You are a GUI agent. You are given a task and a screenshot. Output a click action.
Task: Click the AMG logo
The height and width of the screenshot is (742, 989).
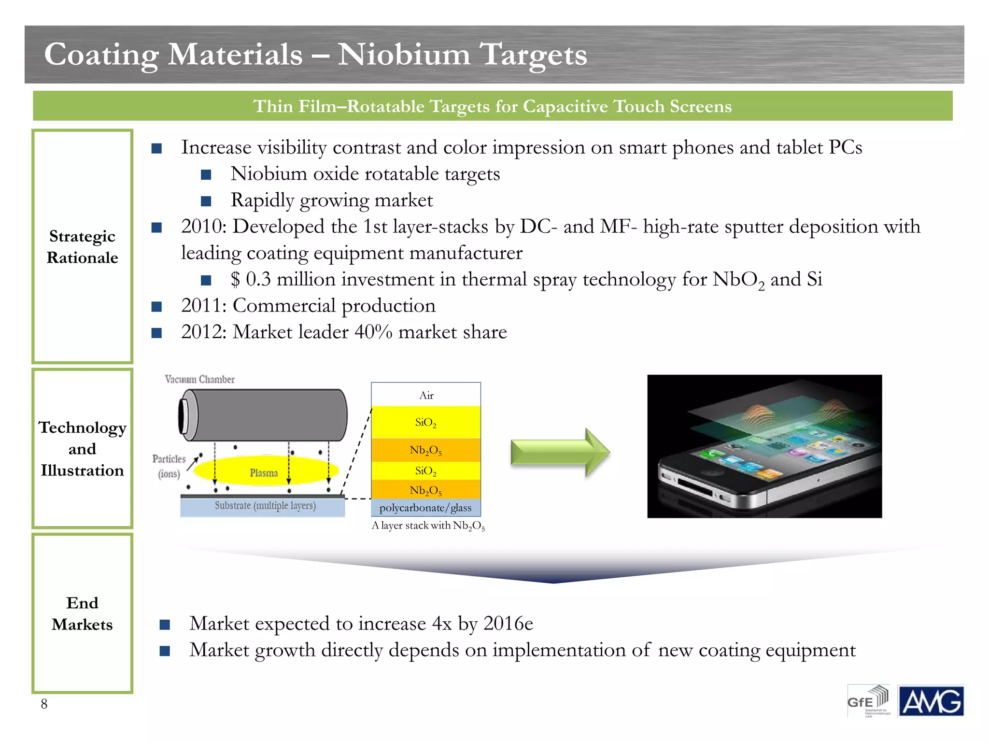[x=930, y=701]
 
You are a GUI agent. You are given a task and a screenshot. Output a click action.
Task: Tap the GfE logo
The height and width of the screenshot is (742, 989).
[x=868, y=700]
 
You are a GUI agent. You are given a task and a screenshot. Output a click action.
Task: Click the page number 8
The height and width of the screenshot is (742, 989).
[x=44, y=704]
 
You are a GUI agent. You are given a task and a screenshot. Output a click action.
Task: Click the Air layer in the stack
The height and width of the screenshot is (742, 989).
[x=426, y=395]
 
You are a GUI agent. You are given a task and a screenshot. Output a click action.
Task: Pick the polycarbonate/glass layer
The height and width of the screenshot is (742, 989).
[x=425, y=508]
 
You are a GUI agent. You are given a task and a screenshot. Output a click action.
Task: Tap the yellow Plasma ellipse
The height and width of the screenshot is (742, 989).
[x=265, y=471]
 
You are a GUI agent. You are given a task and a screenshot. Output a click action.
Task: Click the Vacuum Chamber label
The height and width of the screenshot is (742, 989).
[x=199, y=379]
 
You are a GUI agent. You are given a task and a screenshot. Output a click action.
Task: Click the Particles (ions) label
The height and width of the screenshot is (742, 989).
[x=169, y=466]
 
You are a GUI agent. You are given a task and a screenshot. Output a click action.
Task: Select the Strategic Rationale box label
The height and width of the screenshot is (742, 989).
[x=82, y=247]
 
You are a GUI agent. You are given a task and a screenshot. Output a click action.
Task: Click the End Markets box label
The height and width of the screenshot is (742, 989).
[x=82, y=614]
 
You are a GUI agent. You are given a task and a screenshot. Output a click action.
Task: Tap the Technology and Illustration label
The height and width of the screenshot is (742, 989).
[x=82, y=449]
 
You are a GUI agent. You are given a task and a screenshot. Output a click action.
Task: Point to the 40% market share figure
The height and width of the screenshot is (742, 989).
[x=373, y=332]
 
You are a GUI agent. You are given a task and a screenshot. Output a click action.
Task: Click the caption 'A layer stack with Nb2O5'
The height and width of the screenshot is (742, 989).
[x=428, y=526]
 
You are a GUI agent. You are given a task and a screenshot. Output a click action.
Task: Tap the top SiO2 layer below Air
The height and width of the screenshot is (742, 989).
[x=425, y=422]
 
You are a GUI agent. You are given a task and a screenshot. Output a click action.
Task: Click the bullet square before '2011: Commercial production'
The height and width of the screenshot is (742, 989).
[x=156, y=306]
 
